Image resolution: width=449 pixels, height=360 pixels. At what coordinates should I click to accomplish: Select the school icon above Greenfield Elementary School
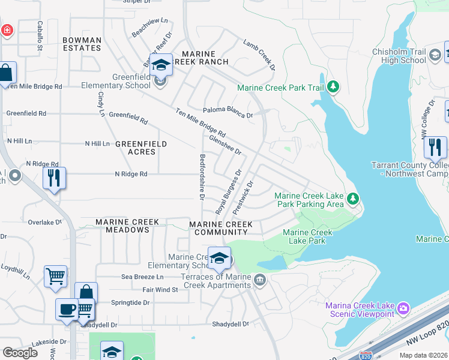(x=161, y=64)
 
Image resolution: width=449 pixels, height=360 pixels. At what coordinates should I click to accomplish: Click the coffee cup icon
(x=67, y=309)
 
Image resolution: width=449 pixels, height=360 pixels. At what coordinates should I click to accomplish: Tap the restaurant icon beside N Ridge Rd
(x=54, y=178)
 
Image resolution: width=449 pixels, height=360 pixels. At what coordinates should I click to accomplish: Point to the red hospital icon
(x=6, y=29)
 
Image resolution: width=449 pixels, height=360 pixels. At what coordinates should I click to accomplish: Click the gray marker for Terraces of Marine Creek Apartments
(x=259, y=280)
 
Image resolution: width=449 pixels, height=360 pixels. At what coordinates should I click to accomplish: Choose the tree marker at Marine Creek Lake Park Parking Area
(x=354, y=197)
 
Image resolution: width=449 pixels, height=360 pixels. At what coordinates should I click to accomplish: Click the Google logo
(x=20, y=352)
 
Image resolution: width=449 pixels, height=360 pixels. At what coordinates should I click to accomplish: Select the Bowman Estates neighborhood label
(x=82, y=44)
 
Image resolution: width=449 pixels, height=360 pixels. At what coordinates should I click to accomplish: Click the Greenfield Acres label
(x=135, y=148)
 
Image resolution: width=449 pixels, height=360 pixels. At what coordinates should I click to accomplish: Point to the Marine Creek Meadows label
(x=127, y=222)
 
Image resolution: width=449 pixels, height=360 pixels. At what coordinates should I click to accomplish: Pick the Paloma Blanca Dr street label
(x=228, y=112)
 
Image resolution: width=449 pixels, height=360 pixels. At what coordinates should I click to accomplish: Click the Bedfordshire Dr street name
(x=202, y=177)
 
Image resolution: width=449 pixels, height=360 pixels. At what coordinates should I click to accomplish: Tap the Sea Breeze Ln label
(x=142, y=277)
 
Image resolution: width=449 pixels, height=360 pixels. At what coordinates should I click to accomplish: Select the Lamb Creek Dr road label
(x=259, y=55)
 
